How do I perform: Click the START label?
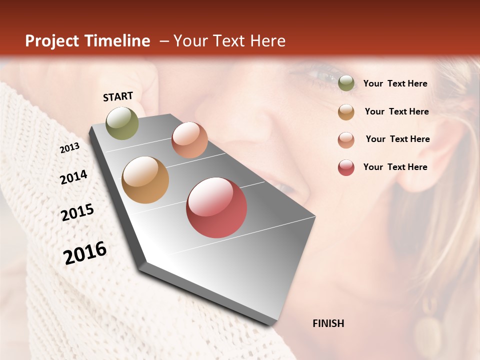point(118,96)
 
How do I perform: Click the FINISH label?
point(328,323)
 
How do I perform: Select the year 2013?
point(69,148)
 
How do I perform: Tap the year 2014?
point(73,177)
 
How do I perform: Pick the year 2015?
point(77,212)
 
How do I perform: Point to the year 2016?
point(85,253)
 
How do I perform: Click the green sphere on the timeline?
point(122,123)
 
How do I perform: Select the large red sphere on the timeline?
point(216,207)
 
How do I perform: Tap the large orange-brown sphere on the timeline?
point(145,180)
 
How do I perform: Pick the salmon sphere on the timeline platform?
point(189,140)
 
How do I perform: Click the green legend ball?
point(346,83)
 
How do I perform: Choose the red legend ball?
point(346,167)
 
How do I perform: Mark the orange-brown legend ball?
point(346,112)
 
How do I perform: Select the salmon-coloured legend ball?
point(346,139)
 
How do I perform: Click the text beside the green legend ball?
point(395,83)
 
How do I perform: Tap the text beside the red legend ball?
point(395,167)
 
